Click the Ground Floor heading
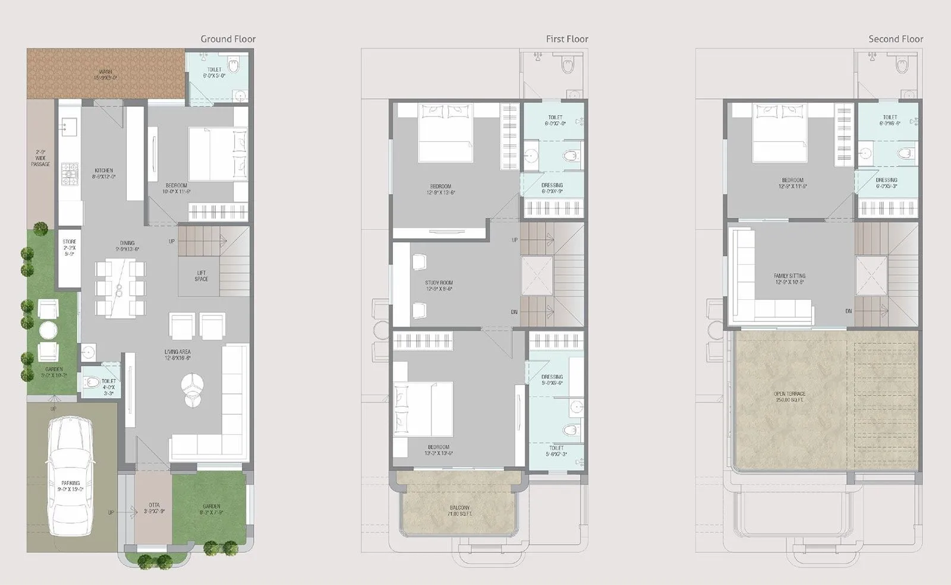coord(228,39)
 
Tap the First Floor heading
coord(566,39)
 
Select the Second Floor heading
coord(895,39)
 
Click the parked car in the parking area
coord(71,475)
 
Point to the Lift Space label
coord(201,276)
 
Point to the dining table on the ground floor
coord(120,288)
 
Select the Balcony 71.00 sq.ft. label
coord(459,511)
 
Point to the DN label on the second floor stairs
coord(848,311)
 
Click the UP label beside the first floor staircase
coord(515,240)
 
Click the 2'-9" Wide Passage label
coord(41,158)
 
